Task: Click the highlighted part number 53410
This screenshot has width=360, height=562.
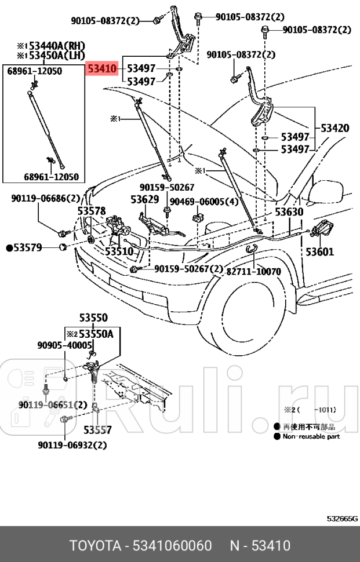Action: pyautogui.click(x=103, y=69)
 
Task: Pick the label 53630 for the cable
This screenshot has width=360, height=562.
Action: pyautogui.click(x=289, y=212)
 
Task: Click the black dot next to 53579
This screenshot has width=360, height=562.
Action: pyautogui.click(x=9, y=248)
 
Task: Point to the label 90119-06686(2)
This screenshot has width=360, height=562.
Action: pyautogui.click(x=45, y=199)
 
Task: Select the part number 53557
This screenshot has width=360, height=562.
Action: pyautogui.click(x=97, y=430)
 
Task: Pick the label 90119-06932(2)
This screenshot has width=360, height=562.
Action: pyautogui.click(x=72, y=445)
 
